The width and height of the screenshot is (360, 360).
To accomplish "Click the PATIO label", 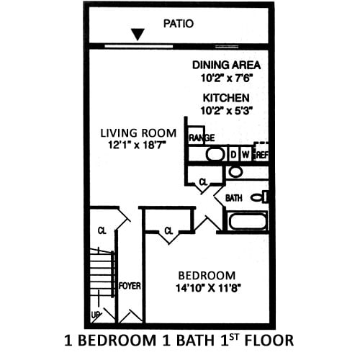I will pos(178,23).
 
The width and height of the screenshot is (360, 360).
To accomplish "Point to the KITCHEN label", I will pos(225,97).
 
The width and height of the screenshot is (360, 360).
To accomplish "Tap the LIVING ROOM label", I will pos(138,132).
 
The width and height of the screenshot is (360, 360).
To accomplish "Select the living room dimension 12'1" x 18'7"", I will pos(138,145).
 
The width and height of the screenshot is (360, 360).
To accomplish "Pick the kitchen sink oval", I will pos(215,153).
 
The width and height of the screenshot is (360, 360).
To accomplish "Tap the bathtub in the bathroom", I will pos(247,220).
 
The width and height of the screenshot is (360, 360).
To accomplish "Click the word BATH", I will pos(233,197).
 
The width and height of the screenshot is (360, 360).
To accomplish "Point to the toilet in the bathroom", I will pos(258,197).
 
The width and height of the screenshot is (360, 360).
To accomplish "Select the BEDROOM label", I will pos(207,275).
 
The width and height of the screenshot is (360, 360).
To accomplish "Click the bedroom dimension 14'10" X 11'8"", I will pos(207,288).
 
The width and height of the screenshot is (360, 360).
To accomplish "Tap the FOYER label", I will pos(130,286).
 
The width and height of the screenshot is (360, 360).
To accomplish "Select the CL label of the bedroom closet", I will pos(168,231).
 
